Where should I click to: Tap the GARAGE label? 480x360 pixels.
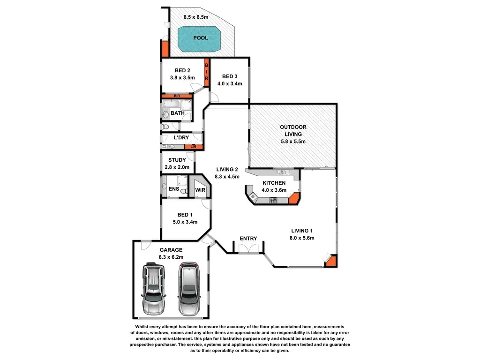(x=170, y=250)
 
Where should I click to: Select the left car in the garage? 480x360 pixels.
(x=154, y=288)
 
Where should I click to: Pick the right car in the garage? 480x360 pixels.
(x=189, y=288)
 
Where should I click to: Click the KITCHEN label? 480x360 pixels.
(x=274, y=183)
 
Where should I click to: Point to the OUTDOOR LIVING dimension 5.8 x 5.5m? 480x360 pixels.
(x=293, y=141)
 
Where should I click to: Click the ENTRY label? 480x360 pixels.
(x=248, y=239)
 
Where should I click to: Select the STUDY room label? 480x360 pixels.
(x=177, y=160)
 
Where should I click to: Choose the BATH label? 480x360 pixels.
(x=177, y=113)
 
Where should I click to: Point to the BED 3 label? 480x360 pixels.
(x=230, y=77)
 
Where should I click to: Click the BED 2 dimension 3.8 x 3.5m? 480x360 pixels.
(x=181, y=78)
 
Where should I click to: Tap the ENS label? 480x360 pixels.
(x=174, y=189)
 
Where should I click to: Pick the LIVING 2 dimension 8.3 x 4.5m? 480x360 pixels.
(x=227, y=177)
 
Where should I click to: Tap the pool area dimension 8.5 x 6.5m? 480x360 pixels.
(x=196, y=17)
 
